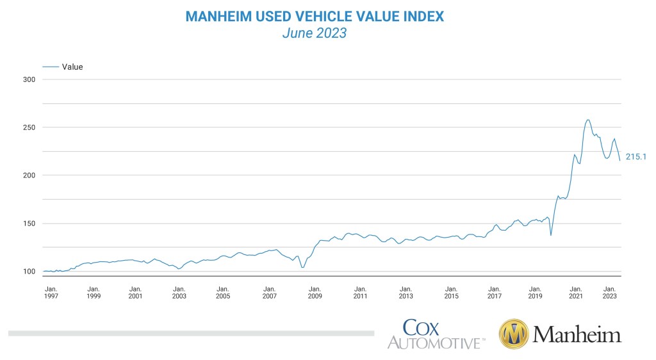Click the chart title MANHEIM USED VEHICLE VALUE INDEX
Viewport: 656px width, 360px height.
(x=315, y=16)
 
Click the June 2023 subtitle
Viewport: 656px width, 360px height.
(x=315, y=33)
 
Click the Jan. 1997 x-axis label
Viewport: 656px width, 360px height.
(x=50, y=292)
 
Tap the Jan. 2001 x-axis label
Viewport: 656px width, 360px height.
(x=136, y=292)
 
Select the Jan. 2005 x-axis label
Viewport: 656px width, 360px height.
(x=222, y=292)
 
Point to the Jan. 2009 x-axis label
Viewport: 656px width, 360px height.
(x=315, y=292)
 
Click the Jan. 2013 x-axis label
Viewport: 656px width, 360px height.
(x=406, y=292)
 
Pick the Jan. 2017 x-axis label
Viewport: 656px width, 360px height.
(x=494, y=292)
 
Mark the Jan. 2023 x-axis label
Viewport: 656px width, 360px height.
(x=610, y=292)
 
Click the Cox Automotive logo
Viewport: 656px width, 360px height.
(x=435, y=334)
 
